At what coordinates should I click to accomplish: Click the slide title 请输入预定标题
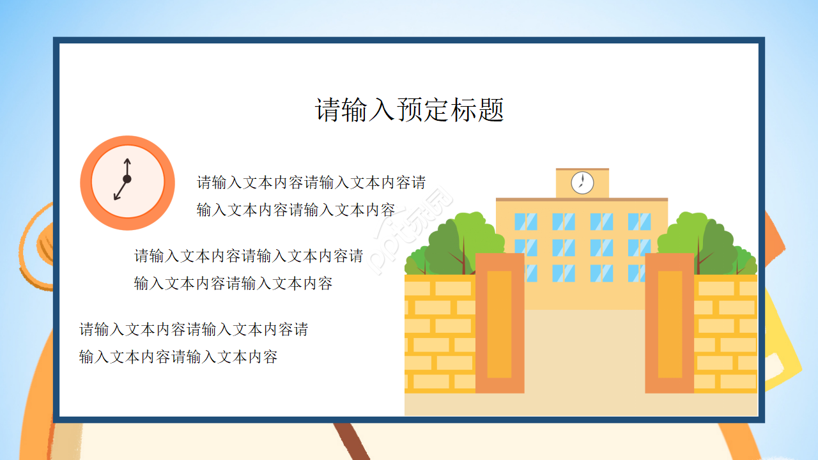pyautogui.click(x=410, y=110)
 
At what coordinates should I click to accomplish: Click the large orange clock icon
pyautogui.click(x=127, y=183)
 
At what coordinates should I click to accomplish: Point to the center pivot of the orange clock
pyautogui.click(x=127, y=180)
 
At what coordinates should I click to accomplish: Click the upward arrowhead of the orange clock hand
pyautogui.click(x=127, y=161)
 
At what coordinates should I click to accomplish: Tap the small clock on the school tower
pyautogui.click(x=582, y=182)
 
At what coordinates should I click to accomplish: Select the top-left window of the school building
pyautogui.click(x=525, y=222)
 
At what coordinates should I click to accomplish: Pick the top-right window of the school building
pyautogui.click(x=639, y=222)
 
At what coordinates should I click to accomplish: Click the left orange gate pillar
pyautogui.click(x=499, y=323)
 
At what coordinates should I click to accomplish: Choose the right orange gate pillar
pyautogui.click(x=670, y=323)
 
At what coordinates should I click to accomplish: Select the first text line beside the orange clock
pyautogui.click(x=311, y=183)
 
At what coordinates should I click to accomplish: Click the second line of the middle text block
pyautogui.click(x=233, y=283)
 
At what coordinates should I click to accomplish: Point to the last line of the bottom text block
pyautogui.click(x=178, y=356)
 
